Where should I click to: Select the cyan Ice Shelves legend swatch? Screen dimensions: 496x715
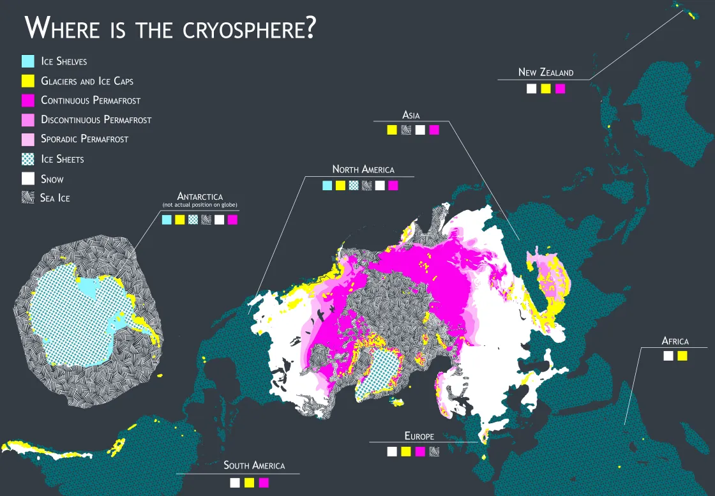(28, 61)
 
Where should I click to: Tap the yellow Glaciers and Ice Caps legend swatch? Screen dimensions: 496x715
(28, 81)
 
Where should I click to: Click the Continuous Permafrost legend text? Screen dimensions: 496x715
(91, 100)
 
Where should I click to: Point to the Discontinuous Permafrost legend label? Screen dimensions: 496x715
(96, 119)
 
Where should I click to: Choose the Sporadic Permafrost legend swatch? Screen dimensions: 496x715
(28, 139)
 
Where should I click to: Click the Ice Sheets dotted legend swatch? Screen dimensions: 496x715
(28, 159)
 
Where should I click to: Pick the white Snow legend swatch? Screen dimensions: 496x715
(28, 179)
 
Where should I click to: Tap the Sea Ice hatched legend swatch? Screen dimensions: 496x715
(28, 198)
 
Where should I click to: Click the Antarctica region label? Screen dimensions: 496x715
(200, 196)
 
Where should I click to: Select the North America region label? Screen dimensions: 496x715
(363, 169)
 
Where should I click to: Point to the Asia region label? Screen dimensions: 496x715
(410, 115)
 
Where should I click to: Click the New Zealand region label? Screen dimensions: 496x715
(546, 72)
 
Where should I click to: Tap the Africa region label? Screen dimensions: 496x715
(675, 341)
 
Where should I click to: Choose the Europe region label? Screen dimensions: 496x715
(419, 436)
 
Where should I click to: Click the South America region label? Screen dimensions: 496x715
(254, 465)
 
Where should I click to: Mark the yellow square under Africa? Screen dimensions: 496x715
(682, 356)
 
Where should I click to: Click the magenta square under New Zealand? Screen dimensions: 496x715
(561, 89)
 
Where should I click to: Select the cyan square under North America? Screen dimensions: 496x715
(327, 186)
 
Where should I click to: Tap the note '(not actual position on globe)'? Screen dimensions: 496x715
(200, 205)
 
